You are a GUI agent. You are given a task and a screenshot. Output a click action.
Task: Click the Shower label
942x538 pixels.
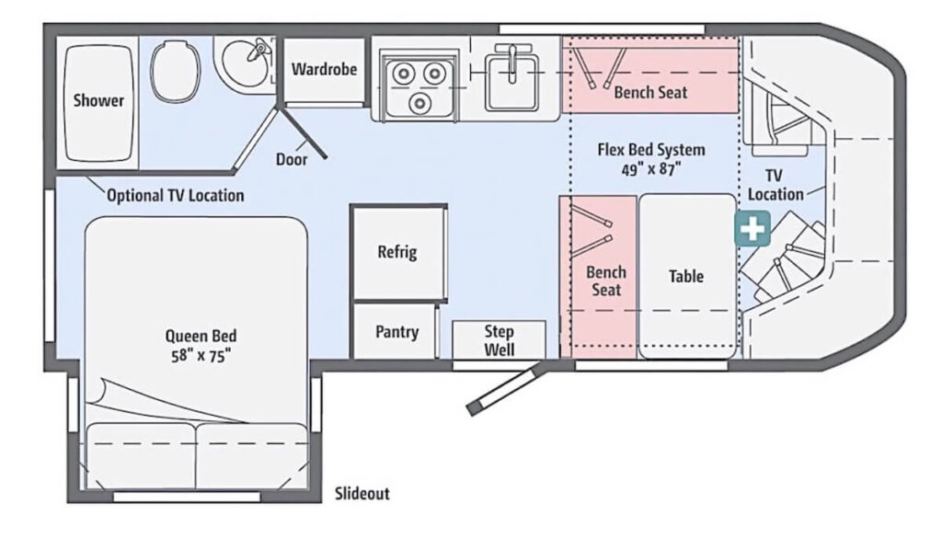click(98, 100)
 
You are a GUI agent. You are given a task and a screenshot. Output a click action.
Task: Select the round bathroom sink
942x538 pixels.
click(246, 61)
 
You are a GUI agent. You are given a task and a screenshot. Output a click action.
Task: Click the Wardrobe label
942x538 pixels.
click(324, 69)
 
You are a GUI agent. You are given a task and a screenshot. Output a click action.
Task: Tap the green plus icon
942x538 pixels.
click(752, 228)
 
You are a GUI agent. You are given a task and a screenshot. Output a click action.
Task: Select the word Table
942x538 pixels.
click(686, 276)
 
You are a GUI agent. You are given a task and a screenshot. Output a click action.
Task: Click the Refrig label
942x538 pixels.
click(397, 252)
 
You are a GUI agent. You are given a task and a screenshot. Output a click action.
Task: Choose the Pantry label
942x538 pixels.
click(397, 332)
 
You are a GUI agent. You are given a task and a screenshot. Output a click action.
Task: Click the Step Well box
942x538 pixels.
click(499, 339)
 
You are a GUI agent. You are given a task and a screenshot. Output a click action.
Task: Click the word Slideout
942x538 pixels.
click(362, 494)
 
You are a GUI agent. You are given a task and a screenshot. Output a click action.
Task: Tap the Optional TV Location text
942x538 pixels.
click(175, 195)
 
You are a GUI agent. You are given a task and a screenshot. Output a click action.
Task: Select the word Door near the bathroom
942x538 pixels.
click(292, 159)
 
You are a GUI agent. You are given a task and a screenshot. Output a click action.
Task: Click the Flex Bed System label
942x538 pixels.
click(651, 149)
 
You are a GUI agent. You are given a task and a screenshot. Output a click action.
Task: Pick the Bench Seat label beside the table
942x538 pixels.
click(606, 280)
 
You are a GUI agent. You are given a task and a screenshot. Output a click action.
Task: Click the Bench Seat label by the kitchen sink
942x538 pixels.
click(650, 92)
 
